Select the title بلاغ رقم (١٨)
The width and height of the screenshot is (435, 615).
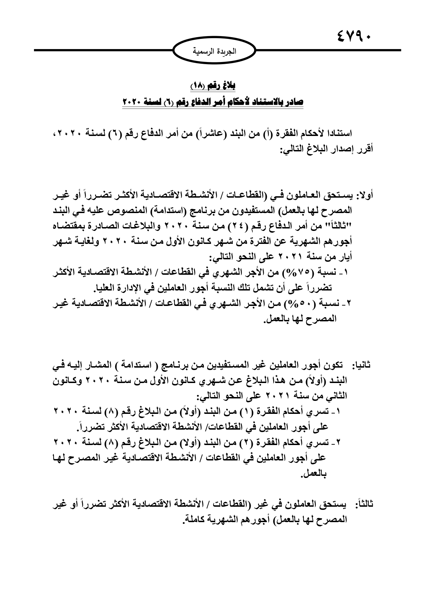[x=213, y=85]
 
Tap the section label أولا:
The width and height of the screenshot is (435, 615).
[x=365, y=195]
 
